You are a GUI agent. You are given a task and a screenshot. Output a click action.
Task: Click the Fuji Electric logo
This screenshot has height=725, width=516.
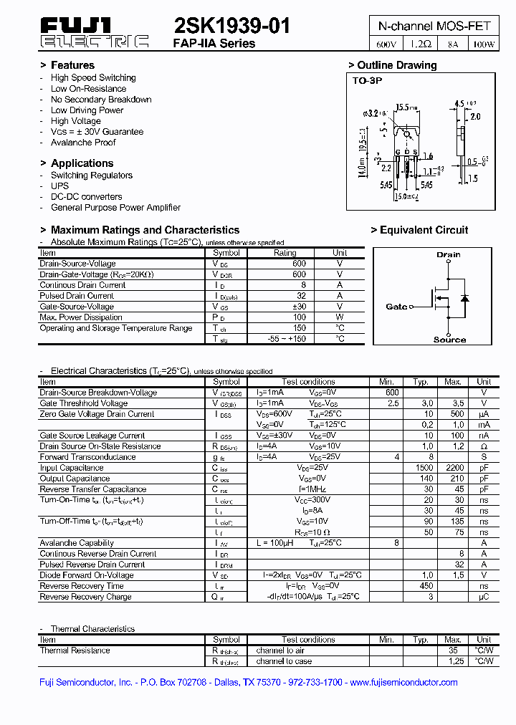pyautogui.click(x=94, y=34)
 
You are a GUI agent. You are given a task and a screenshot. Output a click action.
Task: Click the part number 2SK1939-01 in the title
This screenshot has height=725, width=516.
pyautogui.click(x=232, y=27)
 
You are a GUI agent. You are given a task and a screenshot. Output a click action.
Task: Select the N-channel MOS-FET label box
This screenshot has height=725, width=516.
pyautogui.click(x=434, y=26)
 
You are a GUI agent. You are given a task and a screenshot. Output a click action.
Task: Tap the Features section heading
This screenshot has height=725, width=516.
pyautogui.click(x=72, y=65)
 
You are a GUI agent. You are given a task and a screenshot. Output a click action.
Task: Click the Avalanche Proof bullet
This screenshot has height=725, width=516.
pyautogui.click(x=82, y=143)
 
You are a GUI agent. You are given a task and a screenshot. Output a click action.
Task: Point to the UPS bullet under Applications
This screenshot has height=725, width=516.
pyautogui.click(x=59, y=186)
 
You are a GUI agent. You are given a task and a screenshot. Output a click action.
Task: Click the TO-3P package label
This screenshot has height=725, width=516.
pyautogui.click(x=368, y=81)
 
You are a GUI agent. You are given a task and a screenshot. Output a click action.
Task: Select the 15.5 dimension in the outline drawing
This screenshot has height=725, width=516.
pyautogui.click(x=407, y=107)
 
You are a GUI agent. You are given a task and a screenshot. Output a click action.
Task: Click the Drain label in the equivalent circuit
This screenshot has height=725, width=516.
pyautogui.click(x=449, y=254)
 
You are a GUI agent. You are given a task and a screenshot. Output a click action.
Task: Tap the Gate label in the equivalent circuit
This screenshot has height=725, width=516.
pyautogui.click(x=396, y=307)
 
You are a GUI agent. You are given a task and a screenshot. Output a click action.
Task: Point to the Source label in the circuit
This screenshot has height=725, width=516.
pyautogui.click(x=449, y=340)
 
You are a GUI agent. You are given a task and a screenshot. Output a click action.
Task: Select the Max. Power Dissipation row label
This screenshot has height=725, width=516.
pyautogui.click(x=81, y=317)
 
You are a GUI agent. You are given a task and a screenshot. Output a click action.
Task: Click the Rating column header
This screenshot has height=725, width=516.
pyautogui.click(x=285, y=253)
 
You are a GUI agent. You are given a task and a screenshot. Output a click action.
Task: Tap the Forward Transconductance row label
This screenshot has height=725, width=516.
pyautogui.click(x=87, y=457)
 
